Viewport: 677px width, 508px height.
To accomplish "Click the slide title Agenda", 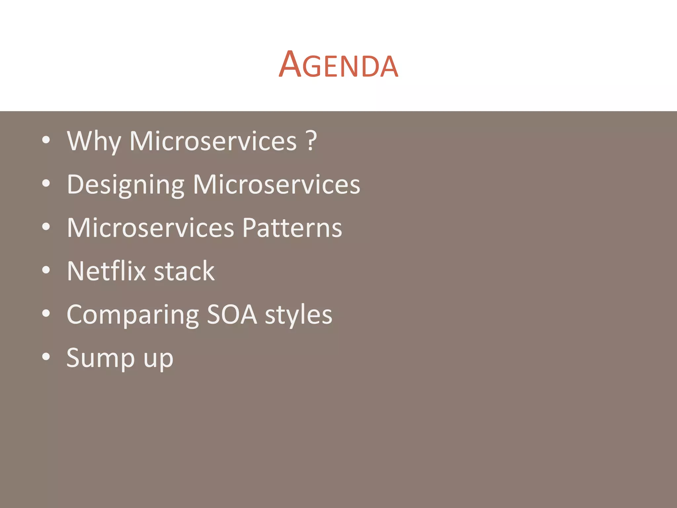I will (x=338, y=65).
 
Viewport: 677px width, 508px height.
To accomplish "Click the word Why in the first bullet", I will (x=94, y=141).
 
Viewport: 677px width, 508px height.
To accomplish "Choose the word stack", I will (x=184, y=271).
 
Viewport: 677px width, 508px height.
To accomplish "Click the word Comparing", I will (x=133, y=315).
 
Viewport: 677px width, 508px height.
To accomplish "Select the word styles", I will (x=299, y=315).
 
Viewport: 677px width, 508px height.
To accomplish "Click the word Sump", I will (x=101, y=358).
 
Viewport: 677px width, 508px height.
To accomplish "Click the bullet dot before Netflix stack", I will (x=46, y=270).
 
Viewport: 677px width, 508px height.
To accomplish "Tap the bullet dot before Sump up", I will (x=46, y=357).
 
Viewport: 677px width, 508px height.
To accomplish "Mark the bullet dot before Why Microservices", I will (x=46, y=140).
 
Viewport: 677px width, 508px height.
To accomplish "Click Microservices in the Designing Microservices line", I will (x=276, y=185).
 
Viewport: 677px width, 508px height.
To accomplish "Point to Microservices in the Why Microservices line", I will (x=213, y=141).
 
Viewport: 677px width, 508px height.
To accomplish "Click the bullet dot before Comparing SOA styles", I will (x=46, y=314).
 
